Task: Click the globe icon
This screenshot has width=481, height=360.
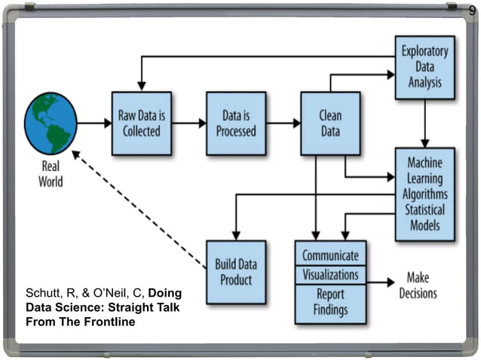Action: click(51, 123)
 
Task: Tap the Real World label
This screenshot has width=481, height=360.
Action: click(51, 174)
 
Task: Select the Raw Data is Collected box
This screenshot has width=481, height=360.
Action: click(141, 123)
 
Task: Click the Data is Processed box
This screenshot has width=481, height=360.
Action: click(236, 123)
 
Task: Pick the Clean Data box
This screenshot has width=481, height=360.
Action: click(330, 123)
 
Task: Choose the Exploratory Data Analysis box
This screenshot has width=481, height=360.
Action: click(425, 67)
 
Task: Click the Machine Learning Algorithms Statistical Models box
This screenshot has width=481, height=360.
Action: click(425, 194)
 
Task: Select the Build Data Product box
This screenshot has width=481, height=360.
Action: click(236, 272)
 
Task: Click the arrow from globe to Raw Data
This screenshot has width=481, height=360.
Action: click(93, 123)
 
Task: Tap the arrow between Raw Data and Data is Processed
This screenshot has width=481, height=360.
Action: click(188, 123)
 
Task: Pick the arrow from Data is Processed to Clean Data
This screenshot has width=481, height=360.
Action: click(283, 123)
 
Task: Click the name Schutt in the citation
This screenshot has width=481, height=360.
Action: click(43, 292)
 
